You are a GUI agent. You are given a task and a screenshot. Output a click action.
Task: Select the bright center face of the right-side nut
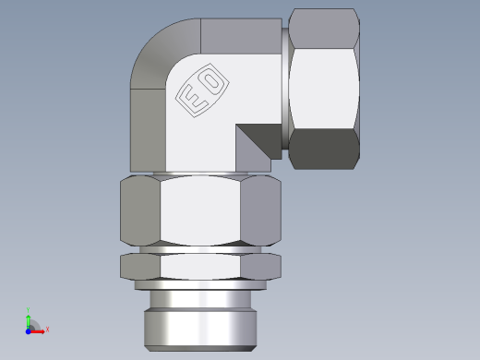(x=323, y=88)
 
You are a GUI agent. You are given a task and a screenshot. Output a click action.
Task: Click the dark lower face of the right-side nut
(x=323, y=150)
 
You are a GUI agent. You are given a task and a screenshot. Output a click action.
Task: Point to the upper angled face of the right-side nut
(x=323, y=26)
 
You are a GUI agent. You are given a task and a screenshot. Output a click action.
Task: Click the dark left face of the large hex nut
(x=139, y=211)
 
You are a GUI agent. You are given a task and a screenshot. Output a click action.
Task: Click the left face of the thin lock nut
(x=139, y=267)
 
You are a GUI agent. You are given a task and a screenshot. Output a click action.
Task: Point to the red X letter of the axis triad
(x=47, y=329)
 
